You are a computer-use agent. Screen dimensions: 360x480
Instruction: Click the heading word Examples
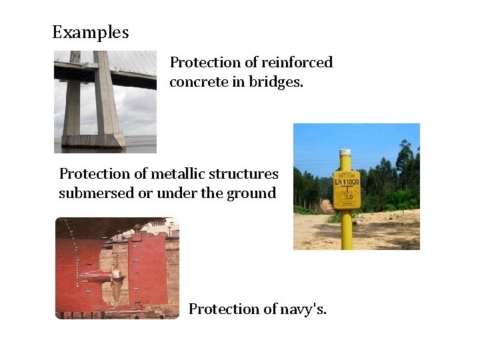(x=91, y=32)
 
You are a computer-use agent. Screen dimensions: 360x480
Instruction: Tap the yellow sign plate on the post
(x=346, y=191)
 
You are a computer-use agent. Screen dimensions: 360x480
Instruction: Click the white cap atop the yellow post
(x=345, y=153)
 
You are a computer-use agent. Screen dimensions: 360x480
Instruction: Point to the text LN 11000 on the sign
(x=346, y=182)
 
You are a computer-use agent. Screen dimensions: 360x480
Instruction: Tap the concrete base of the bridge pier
(x=93, y=139)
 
